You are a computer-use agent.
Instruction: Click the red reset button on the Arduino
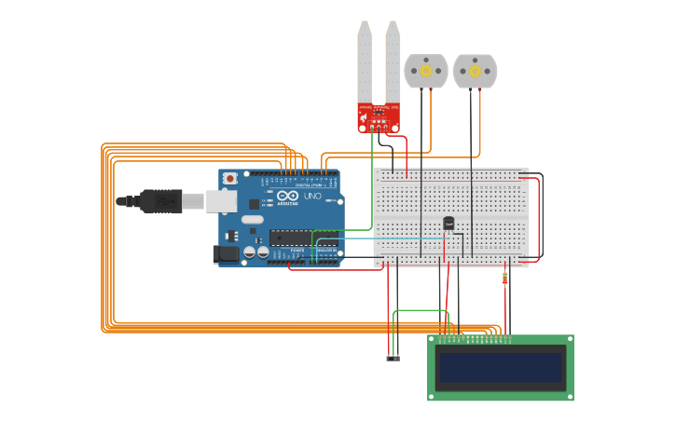point(228,178)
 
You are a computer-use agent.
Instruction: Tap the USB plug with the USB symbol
point(160,200)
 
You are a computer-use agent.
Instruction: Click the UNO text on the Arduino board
point(312,197)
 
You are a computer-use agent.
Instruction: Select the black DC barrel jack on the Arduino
point(226,253)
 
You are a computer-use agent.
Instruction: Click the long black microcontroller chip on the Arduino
point(303,238)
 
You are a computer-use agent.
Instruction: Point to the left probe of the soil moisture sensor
point(364,61)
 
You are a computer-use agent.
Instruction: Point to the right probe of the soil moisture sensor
point(393,61)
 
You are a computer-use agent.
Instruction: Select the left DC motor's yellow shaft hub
point(426,70)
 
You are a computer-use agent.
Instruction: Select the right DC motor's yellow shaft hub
point(475,70)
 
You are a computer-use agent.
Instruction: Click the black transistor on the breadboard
point(448,224)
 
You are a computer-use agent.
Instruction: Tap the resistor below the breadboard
point(505,278)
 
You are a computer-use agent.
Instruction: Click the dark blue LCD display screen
point(501,368)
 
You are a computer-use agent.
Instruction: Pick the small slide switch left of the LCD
point(393,358)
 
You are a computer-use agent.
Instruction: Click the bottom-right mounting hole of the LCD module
point(568,396)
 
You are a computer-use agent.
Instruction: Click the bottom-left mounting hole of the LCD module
point(433,396)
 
